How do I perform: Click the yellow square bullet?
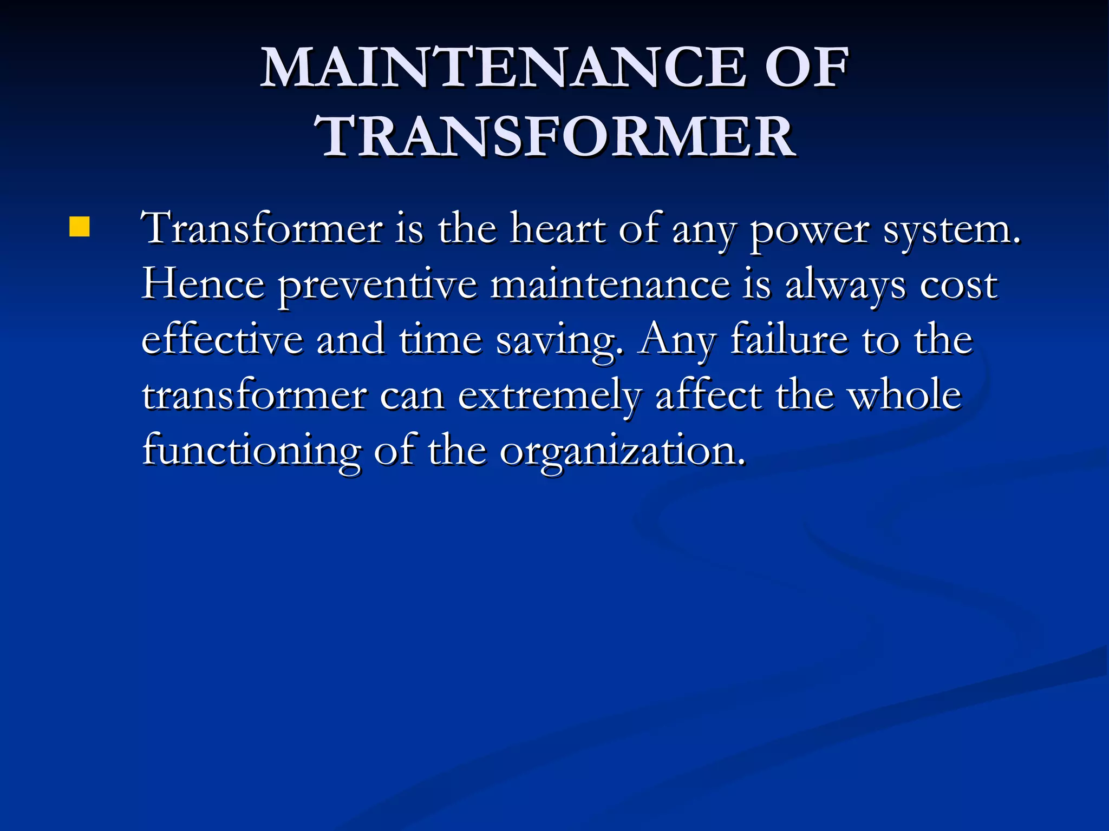point(79,227)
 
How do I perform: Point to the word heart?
point(558,229)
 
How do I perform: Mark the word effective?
point(222,340)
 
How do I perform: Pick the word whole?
point(904,395)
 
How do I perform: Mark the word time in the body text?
point(440,340)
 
